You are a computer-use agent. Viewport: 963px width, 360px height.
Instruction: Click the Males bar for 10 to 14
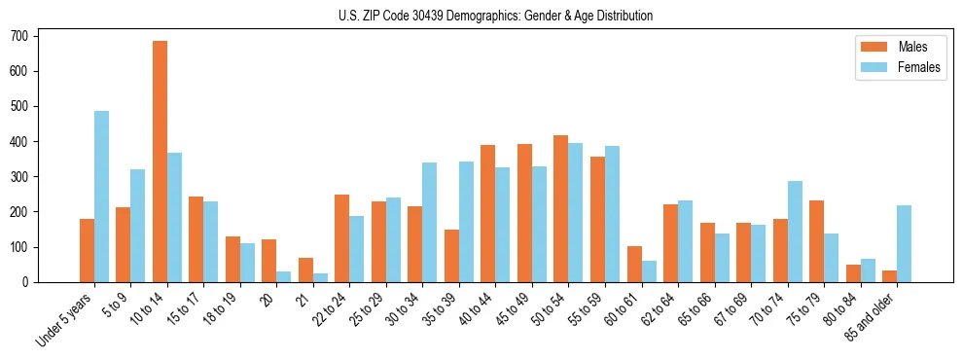click(x=160, y=162)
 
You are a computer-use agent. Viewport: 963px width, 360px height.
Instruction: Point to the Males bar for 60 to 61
click(x=634, y=264)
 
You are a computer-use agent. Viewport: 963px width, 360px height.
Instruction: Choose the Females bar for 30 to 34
click(x=430, y=222)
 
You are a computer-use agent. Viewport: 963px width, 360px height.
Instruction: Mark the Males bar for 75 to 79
click(x=816, y=241)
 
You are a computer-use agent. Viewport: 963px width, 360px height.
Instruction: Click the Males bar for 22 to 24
click(x=342, y=238)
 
